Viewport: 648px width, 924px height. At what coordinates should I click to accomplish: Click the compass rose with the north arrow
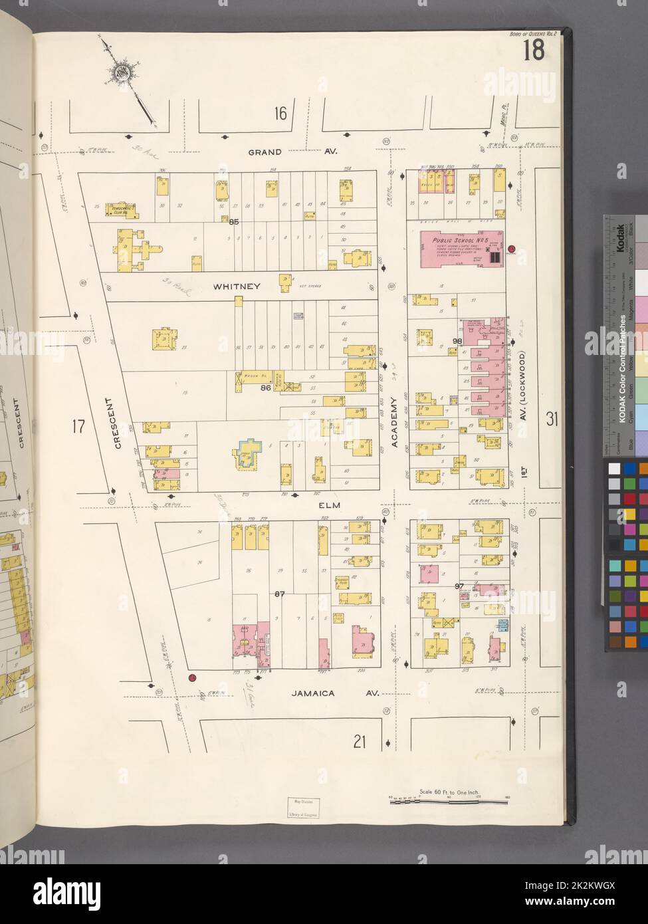[x=124, y=71]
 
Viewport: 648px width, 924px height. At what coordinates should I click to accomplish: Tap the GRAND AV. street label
[x=293, y=152]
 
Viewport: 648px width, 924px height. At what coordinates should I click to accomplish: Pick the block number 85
[x=233, y=222]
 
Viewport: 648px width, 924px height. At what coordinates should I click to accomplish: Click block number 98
[x=457, y=340]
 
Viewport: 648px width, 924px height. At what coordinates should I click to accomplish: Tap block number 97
[x=459, y=586]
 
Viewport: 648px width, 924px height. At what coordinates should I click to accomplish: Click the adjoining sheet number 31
[x=551, y=418]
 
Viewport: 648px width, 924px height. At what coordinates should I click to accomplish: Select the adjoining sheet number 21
[x=360, y=742]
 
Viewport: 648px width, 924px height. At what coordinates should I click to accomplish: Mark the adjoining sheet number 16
[x=280, y=114]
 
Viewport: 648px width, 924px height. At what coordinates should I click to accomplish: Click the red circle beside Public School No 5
[x=511, y=251]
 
